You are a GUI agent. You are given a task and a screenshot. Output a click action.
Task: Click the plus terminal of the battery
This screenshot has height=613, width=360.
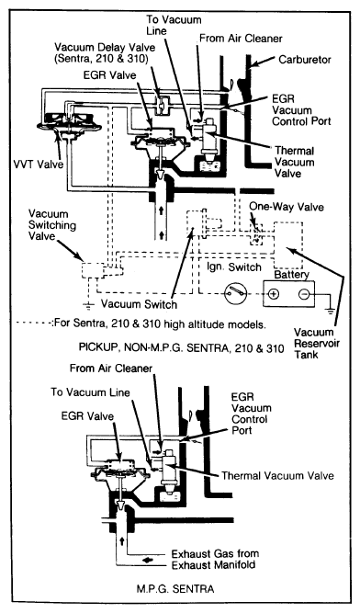click(x=273, y=296)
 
